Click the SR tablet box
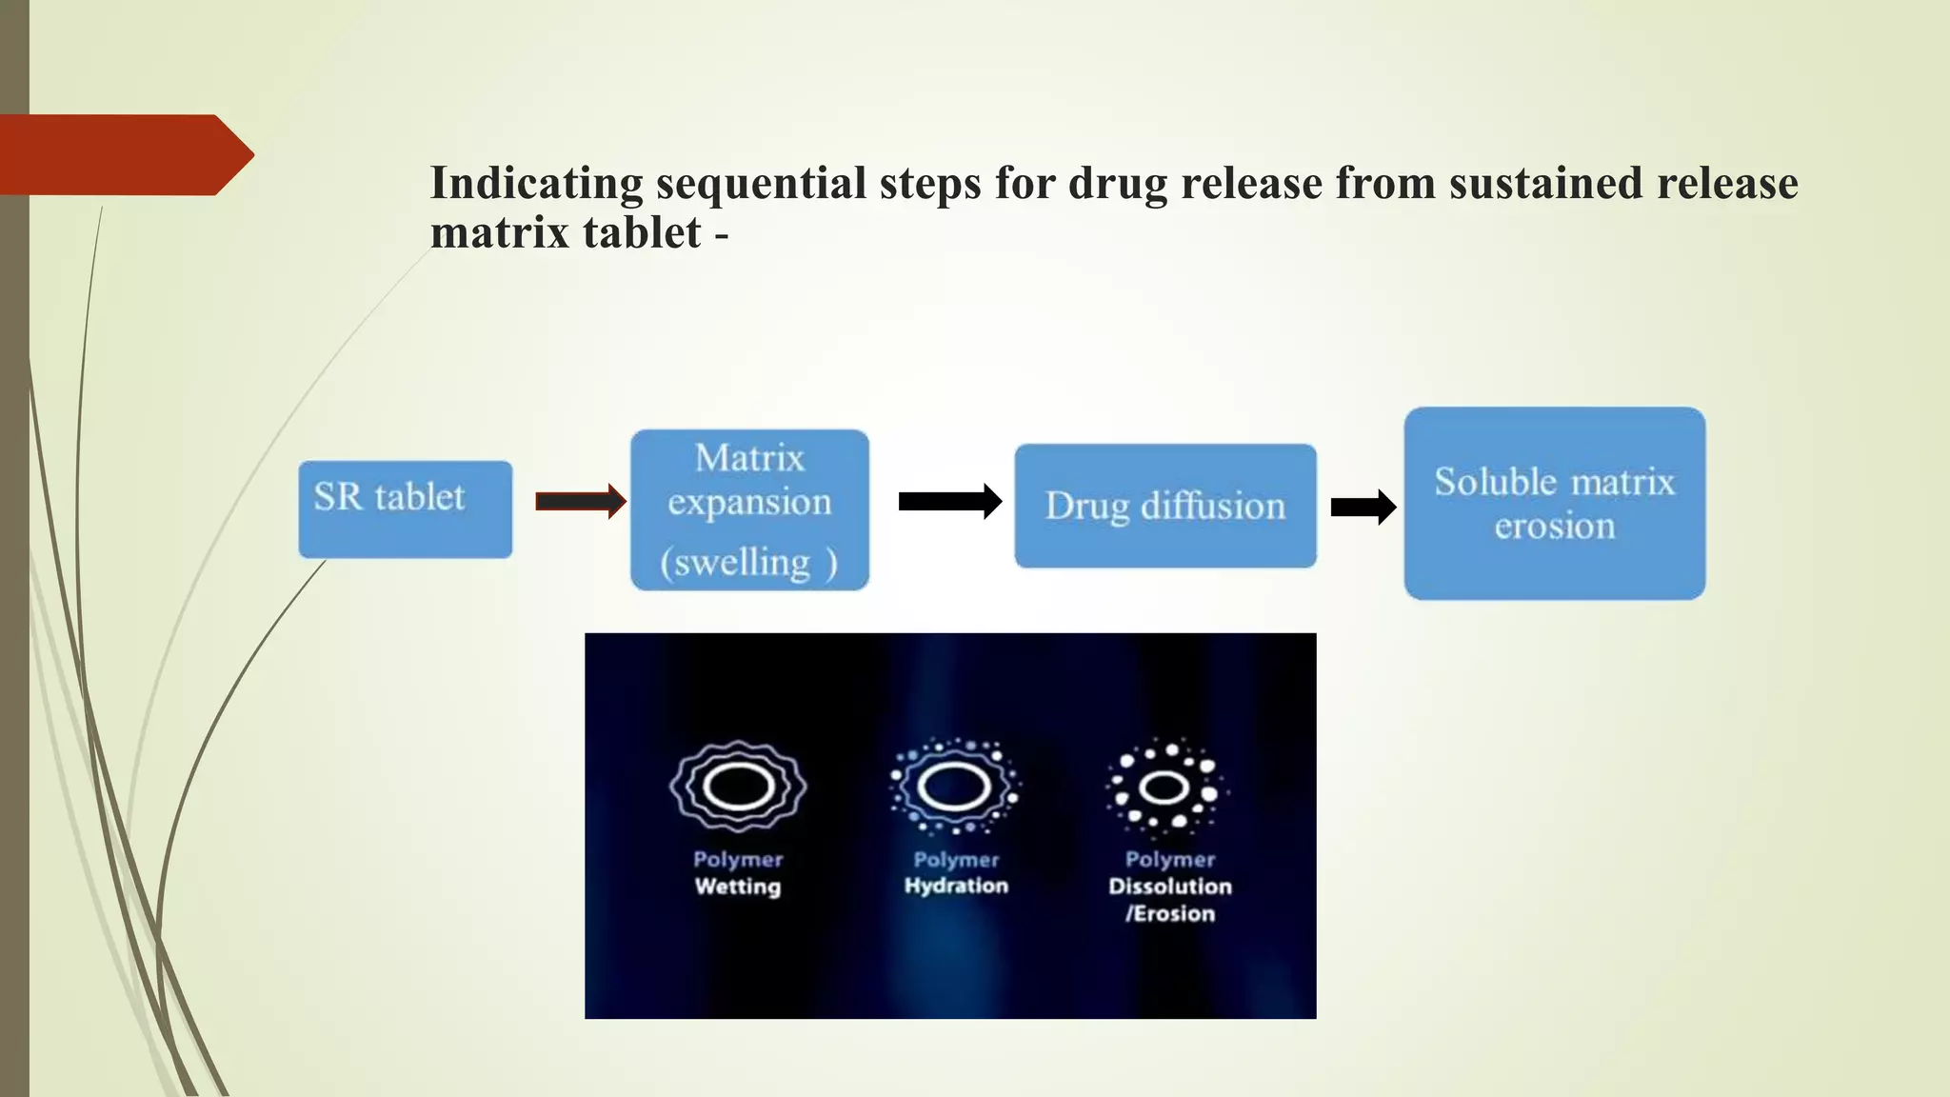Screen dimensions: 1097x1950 click(405, 509)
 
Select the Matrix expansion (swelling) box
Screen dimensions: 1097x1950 click(749, 509)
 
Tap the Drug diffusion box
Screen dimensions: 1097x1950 click(1164, 506)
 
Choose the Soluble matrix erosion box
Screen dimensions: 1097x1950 click(1554, 503)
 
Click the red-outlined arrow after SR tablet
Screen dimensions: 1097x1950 click(580, 501)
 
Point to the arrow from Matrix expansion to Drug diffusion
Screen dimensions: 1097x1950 click(949, 501)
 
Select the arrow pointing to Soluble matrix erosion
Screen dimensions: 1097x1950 click(1363, 507)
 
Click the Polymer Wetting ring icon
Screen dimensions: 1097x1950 click(738, 787)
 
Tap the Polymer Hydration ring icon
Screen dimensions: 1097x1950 click(954, 787)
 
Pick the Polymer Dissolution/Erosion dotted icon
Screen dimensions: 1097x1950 click(1165, 787)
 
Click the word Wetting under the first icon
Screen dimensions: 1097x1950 click(738, 887)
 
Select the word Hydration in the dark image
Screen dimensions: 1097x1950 click(956, 886)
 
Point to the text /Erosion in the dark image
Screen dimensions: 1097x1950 click(1170, 913)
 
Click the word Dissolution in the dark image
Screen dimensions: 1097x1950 click(1170, 887)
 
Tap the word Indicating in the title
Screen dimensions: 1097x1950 click(536, 184)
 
